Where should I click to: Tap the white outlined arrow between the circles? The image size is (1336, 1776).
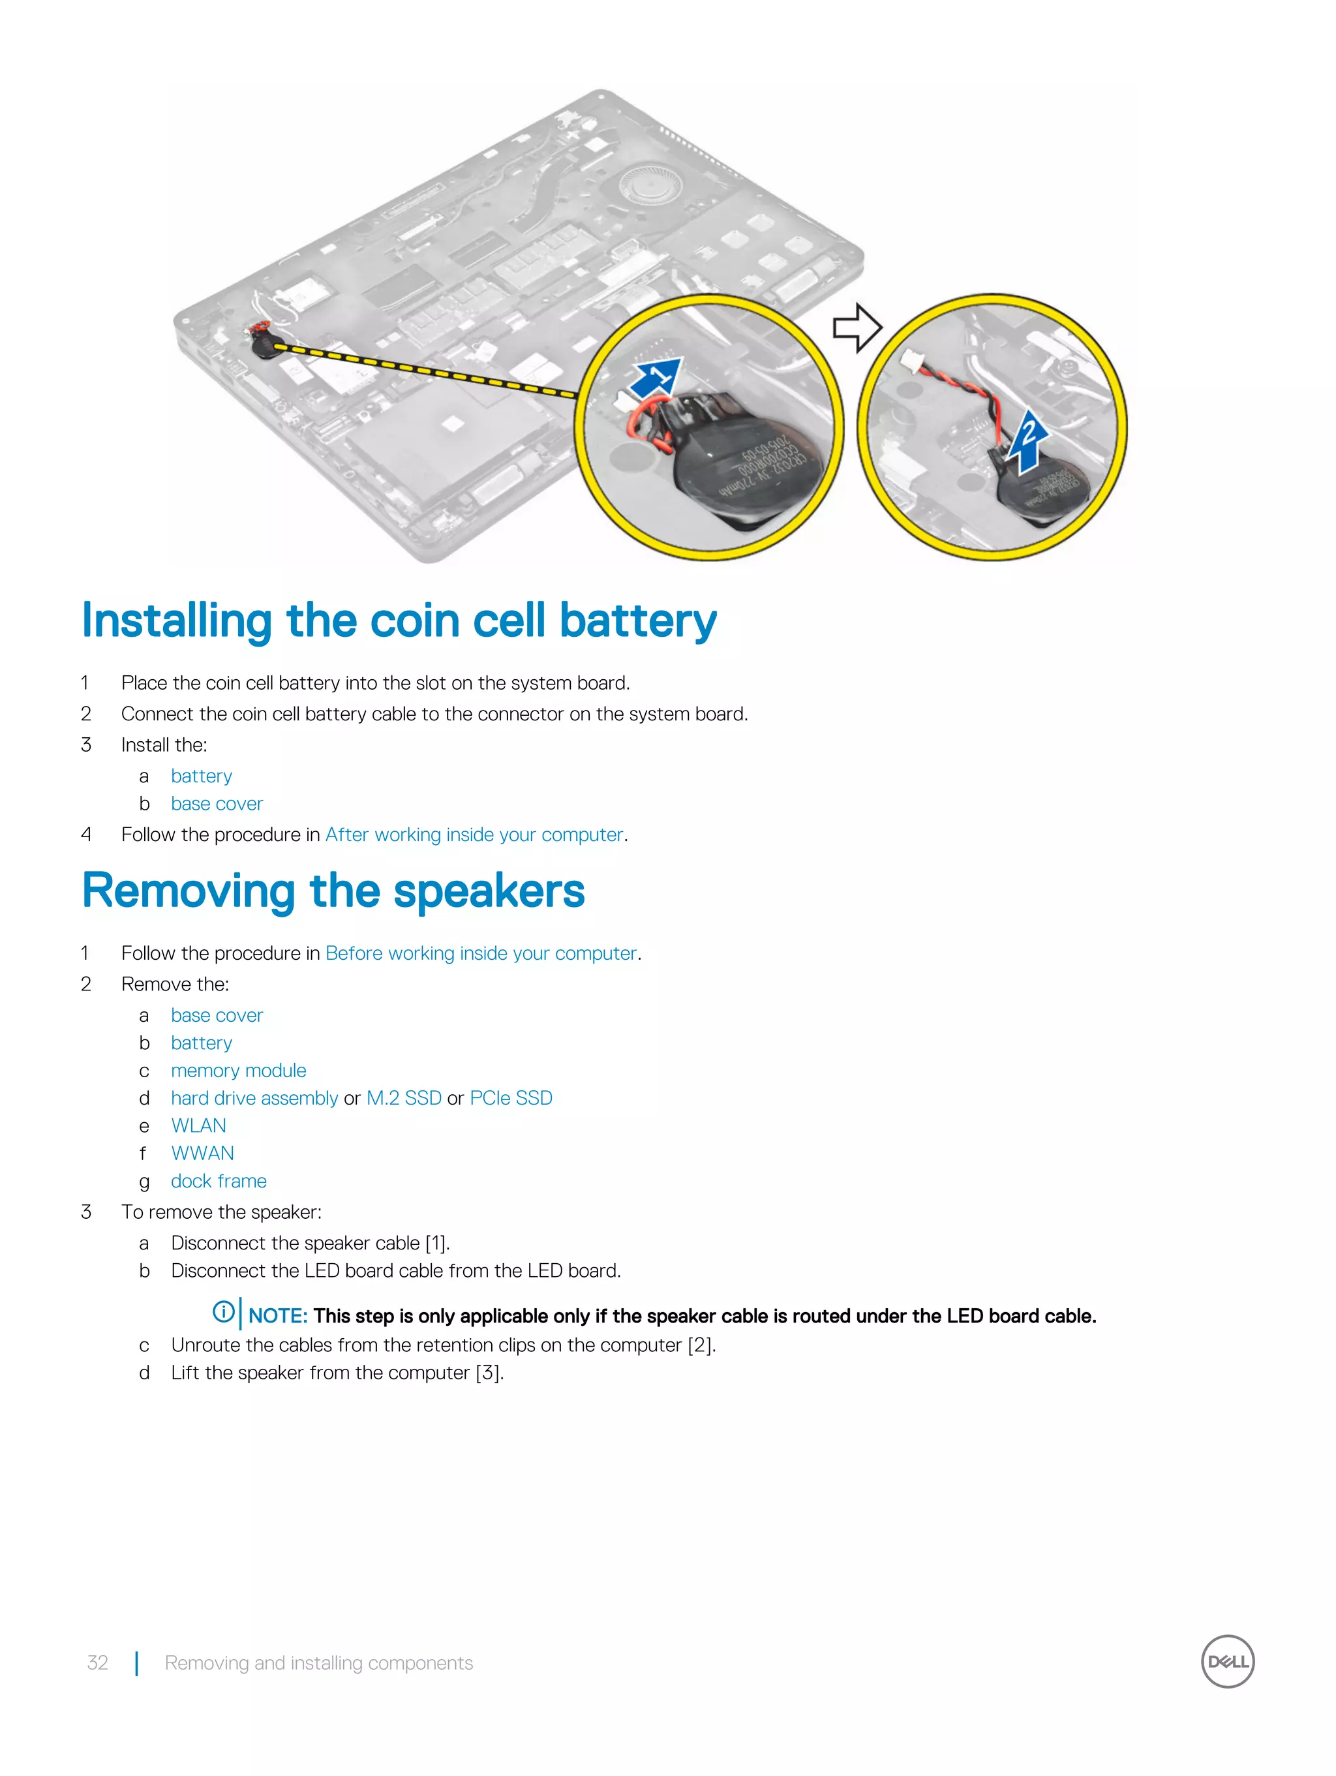pos(857,328)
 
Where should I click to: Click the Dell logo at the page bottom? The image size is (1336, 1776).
pos(1227,1661)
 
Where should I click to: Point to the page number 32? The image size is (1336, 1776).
pos(97,1662)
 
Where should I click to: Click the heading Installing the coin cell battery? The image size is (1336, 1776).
pos(399,621)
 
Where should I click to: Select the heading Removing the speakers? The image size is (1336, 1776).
pos(333,891)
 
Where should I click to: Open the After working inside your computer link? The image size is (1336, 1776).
pos(474,835)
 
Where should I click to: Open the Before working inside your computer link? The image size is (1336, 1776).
pos(481,953)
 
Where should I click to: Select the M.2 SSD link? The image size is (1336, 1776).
pos(404,1098)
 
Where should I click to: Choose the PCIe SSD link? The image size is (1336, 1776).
pos(511,1098)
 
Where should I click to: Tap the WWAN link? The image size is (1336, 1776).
pos(202,1154)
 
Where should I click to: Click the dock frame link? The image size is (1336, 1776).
pos(219,1181)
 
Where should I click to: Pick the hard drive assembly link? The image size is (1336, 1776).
pos(254,1098)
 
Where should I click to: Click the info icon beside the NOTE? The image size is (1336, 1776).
pos(223,1312)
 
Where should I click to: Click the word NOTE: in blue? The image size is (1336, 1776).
pos(278,1316)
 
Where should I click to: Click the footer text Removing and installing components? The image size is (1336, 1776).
pos(319,1662)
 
